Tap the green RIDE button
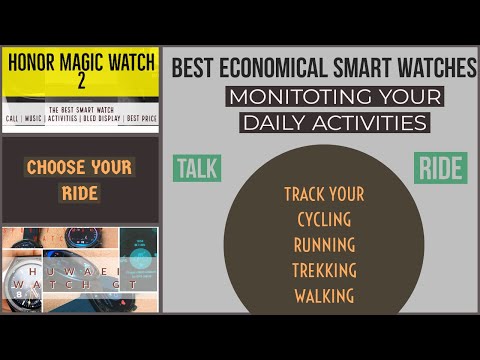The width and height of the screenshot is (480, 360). point(440,168)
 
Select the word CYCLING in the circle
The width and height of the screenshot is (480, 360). point(323,218)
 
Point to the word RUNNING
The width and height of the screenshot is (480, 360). point(323,244)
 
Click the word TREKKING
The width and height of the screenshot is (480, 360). point(323,270)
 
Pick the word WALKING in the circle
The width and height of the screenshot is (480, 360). point(323,296)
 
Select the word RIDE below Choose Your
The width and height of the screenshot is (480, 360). point(80,193)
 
